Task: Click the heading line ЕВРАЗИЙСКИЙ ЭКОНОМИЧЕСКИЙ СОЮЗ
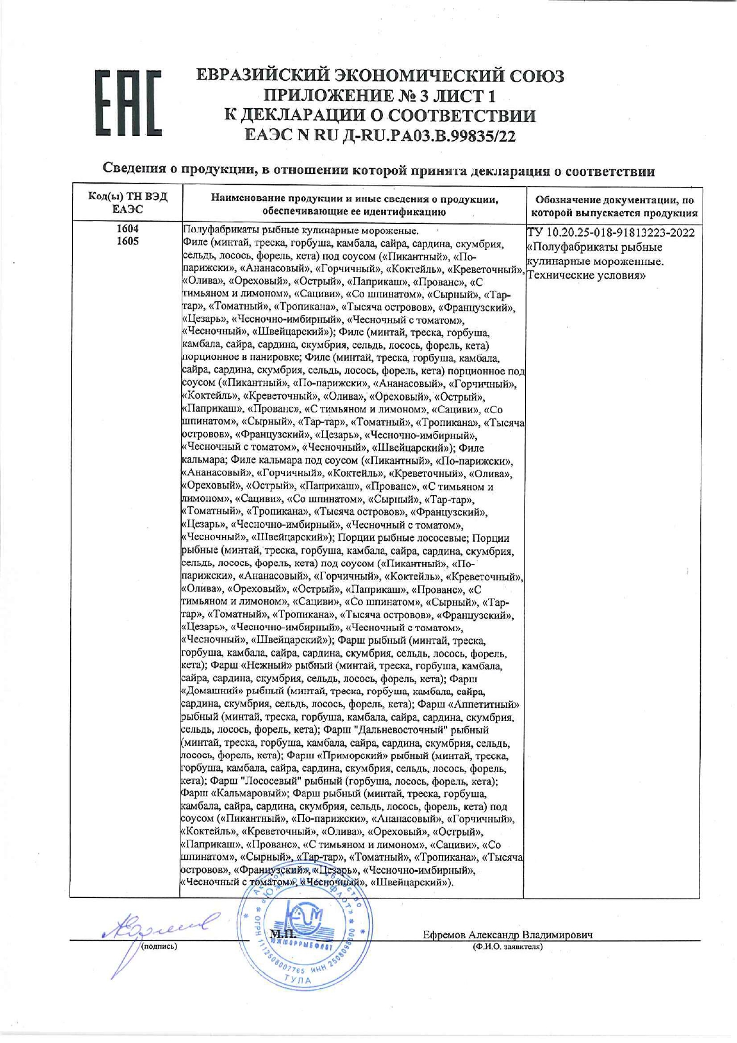click(380, 75)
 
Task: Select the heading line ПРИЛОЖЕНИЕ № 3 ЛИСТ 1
click(380, 96)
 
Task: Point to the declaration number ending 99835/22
click(381, 136)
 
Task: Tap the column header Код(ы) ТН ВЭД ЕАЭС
click(128, 203)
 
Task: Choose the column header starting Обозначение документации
click(614, 206)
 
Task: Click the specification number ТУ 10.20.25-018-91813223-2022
click(611, 232)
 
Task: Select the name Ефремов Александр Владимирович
click(508, 935)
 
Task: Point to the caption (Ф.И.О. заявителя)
click(508, 946)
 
